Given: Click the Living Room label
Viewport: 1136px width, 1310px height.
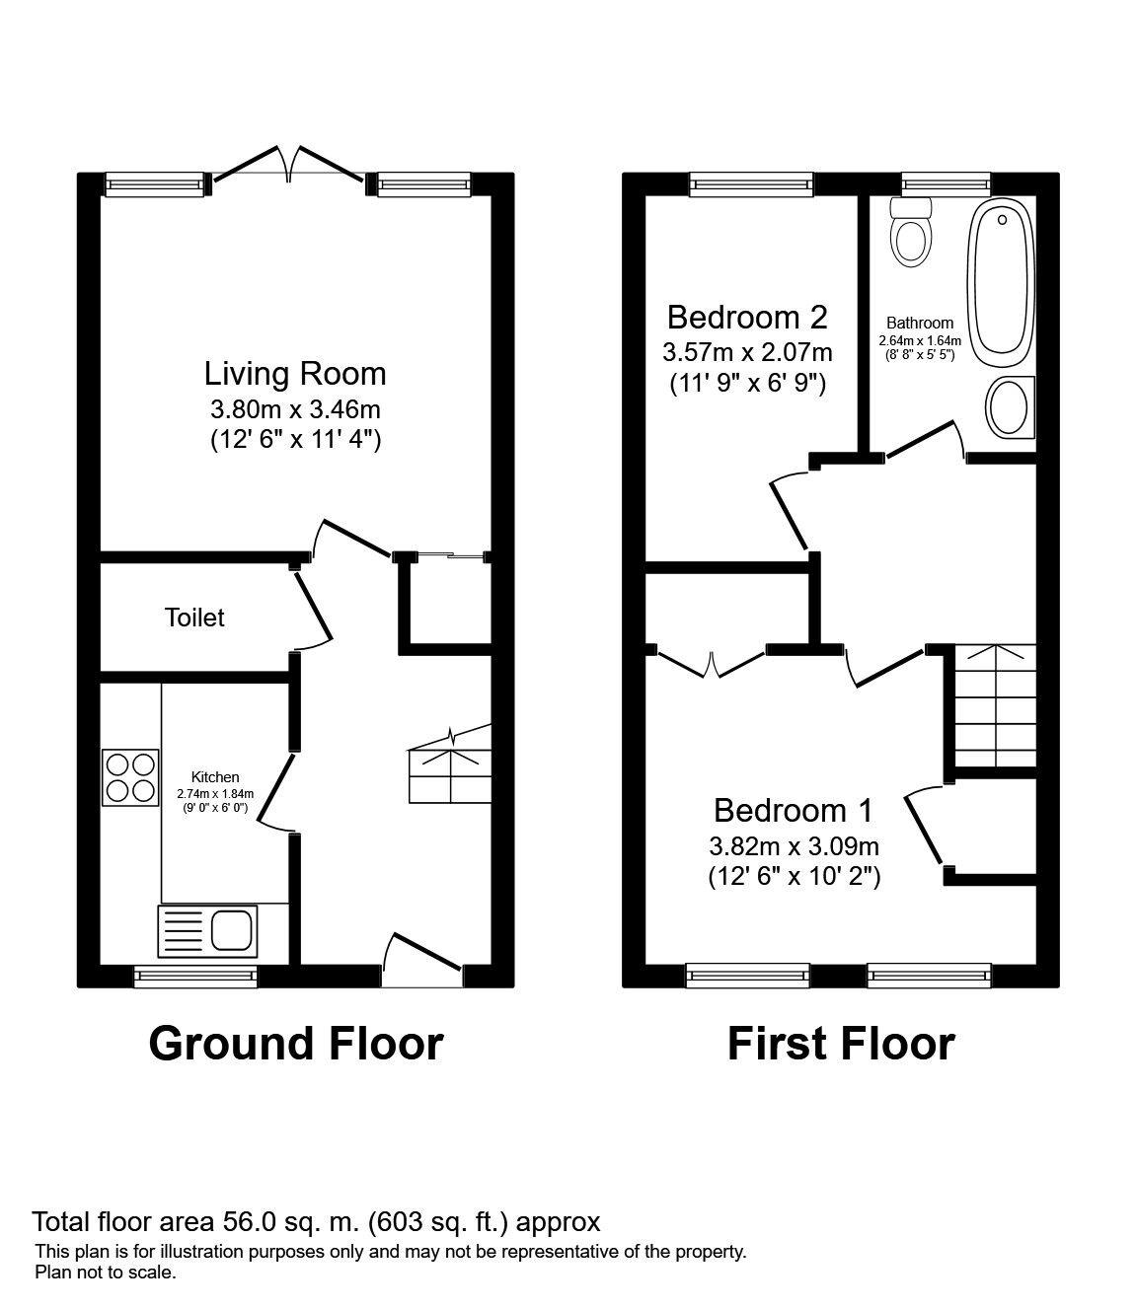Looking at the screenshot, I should (295, 374).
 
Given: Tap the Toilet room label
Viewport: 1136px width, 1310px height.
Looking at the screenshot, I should (194, 618).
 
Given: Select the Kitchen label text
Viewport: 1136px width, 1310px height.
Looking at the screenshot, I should (215, 777).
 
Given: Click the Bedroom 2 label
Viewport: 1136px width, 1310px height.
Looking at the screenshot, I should (746, 318).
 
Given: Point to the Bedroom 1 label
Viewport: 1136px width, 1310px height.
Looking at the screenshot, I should (794, 811).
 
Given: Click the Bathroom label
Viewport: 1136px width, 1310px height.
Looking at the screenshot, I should (920, 323).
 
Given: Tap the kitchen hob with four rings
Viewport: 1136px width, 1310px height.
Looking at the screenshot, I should (130, 777).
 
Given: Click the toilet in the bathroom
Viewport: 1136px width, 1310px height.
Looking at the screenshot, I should (911, 231).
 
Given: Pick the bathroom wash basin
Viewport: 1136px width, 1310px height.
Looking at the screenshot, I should (1010, 408).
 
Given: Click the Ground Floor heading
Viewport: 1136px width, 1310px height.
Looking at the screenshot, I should (296, 1044).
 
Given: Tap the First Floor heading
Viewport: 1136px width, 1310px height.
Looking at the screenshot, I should (841, 1044).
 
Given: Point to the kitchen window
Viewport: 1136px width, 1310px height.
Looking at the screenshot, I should (195, 976).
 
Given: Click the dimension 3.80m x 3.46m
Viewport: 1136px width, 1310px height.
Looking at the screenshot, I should (295, 408).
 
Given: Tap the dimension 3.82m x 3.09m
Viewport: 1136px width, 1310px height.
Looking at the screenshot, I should (794, 845).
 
